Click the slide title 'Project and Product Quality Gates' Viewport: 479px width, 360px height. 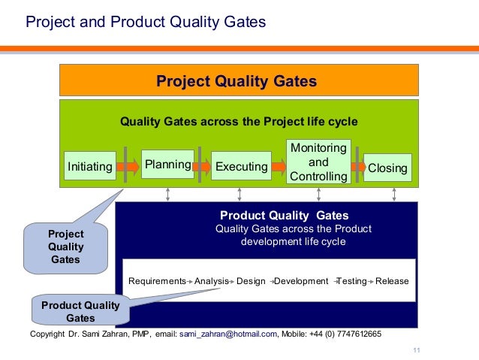(146, 22)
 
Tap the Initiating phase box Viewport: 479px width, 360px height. (90, 167)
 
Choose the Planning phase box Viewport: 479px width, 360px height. (167, 164)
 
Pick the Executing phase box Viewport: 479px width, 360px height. (241, 167)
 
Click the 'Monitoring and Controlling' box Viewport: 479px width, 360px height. (318, 162)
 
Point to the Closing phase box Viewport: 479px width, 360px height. (387, 168)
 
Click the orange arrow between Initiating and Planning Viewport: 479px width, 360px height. (128, 165)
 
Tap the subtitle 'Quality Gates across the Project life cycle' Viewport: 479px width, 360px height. (239, 121)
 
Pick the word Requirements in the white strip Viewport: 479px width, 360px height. (157, 281)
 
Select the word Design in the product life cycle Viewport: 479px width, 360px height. (251, 281)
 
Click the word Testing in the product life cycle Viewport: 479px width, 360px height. (351, 281)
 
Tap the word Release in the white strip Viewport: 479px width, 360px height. (392, 281)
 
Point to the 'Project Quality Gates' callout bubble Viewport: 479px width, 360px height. (66, 247)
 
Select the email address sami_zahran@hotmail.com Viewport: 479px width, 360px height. (228, 334)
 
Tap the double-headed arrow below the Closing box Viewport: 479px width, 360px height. (394, 195)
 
